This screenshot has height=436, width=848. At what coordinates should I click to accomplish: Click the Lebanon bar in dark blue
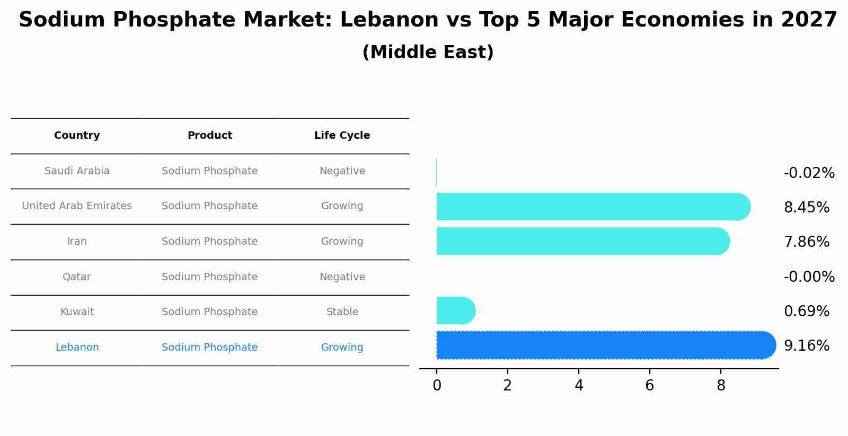[604, 345]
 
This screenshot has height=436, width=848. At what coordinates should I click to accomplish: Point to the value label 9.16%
[806, 346]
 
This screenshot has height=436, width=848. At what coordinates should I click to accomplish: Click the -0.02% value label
[809, 173]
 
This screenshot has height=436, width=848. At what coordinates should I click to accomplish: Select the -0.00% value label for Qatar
[809, 277]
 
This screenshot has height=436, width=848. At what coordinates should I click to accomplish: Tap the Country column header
[77, 136]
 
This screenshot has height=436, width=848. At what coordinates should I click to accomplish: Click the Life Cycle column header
[342, 136]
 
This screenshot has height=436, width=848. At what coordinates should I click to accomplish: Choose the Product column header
[209, 136]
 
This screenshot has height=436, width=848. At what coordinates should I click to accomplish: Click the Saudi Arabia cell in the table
[77, 171]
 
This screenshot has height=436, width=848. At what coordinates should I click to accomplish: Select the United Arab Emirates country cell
[77, 206]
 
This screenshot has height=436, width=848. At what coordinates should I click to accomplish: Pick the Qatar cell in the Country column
[77, 277]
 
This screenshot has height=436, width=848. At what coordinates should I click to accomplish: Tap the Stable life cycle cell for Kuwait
[342, 312]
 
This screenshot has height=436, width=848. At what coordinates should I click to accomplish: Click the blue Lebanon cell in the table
[77, 348]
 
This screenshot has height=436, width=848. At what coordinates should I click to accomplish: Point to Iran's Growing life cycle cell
[342, 242]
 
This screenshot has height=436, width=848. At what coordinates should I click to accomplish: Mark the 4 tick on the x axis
[579, 386]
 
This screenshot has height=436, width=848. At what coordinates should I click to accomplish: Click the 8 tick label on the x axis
[721, 386]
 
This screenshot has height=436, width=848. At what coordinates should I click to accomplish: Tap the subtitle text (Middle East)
[428, 52]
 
